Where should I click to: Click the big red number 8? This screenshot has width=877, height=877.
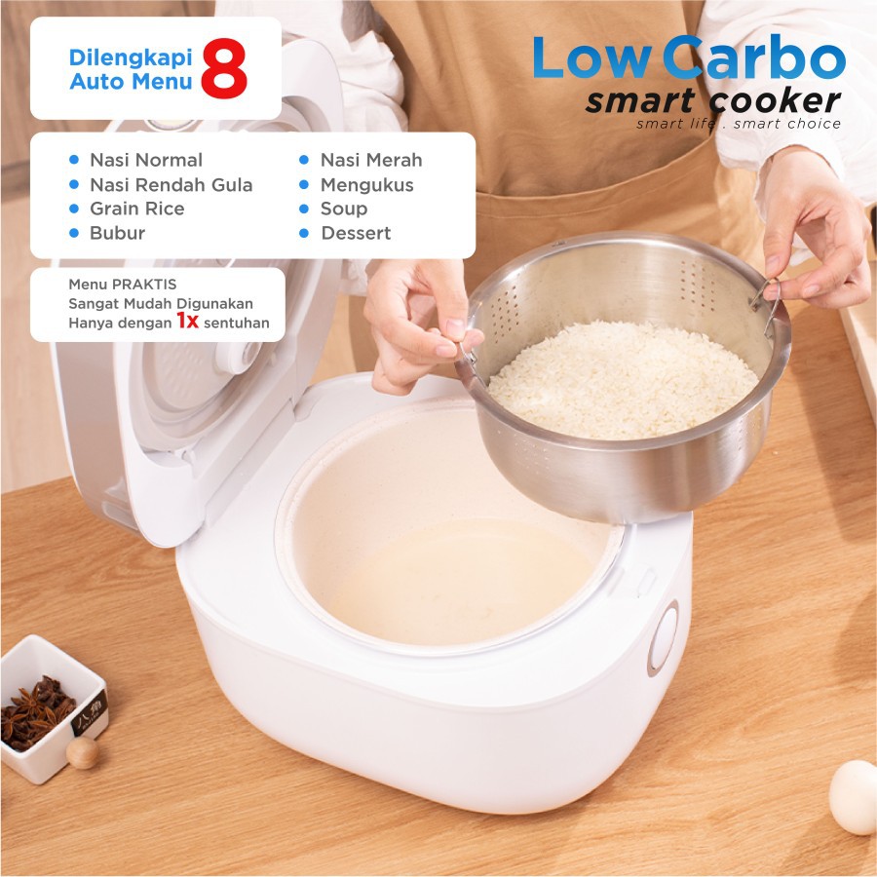pos(224,68)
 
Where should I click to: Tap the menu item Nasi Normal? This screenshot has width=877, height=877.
pos(146,160)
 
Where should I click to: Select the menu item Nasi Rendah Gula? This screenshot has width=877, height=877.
pos(172,184)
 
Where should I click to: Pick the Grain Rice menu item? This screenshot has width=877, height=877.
pos(137,209)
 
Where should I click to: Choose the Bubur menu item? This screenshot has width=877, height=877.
pos(118,233)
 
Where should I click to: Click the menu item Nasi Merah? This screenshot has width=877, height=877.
pos(371,160)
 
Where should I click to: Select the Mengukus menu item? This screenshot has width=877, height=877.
pos(367,184)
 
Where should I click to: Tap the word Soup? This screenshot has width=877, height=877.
pos(344,210)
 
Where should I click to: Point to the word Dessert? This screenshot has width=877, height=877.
pos(356,233)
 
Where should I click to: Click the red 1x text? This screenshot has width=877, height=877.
pos(187,321)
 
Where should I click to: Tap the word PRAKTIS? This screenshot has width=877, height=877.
pos(144,285)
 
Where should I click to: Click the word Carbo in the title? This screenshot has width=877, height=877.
pos(754,57)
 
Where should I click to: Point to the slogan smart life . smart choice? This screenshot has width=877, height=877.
pos(739,124)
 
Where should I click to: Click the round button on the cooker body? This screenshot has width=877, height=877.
pos(664,638)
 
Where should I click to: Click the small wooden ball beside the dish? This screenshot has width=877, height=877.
pos(82,752)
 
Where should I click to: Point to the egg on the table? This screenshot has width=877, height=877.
pos(854,797)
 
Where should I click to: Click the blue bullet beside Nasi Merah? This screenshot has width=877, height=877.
pos(304,160)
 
